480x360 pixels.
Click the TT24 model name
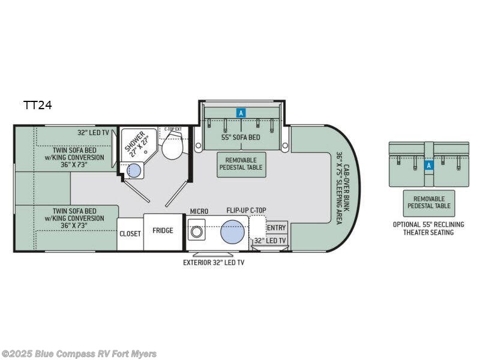coord(37,105)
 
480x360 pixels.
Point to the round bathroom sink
coord(134,171)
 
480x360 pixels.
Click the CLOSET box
coord(130,233)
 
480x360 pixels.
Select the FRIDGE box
coord(163,231)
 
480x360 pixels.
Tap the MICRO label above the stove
coord(199,212)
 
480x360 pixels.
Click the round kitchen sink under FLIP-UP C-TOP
coord(233,232)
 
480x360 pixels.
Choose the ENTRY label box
coord(276,228)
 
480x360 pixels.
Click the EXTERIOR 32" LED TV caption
coord(214,262)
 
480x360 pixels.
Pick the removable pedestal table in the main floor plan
coord(241,164)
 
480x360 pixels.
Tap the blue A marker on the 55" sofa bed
coord(241,112)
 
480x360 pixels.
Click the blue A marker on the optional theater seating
coord(428,165)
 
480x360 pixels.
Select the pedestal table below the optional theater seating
coord(428,202)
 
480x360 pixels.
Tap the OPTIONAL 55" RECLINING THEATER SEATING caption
coord(428,228)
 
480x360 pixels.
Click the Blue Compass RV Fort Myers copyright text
coord(79,353)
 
